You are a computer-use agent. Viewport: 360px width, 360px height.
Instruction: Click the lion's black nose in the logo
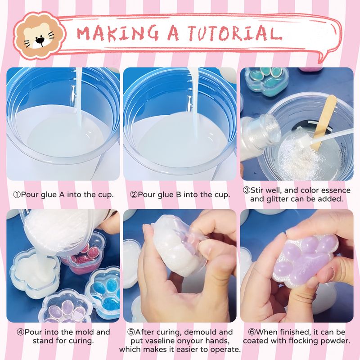pos(40,40)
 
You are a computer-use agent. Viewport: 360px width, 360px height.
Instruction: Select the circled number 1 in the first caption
pos(17,195)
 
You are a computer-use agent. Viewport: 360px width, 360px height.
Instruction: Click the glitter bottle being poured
pos(260,137)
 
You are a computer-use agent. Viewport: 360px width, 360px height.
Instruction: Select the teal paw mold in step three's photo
pos(266,81)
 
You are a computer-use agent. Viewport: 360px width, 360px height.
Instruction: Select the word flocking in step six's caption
pos(303,341)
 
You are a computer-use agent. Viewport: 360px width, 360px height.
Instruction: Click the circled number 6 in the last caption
pos(252,332)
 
